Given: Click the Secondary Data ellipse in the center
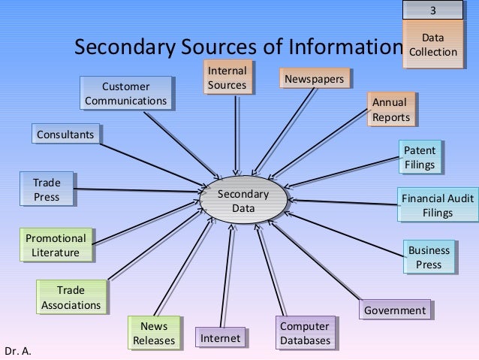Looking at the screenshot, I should (243, 201).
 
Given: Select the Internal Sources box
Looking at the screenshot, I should (227, 78).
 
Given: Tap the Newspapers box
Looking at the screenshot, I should (314, 78).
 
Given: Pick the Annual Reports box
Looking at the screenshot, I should (390, 110).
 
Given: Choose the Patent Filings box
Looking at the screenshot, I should (419, 157).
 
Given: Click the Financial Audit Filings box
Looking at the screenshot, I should (437, 205).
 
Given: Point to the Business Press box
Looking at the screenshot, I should (429, 257).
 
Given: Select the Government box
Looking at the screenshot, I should (394, 310).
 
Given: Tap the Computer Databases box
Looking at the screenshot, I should (305, 333).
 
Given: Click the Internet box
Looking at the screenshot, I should (220, 338).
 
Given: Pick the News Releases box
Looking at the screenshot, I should (153, 333).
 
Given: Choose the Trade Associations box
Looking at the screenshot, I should (71, 298).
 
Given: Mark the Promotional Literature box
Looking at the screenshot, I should (56, 245).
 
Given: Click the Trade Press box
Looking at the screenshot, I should (46, 189).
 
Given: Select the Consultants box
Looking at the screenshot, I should (66, 135).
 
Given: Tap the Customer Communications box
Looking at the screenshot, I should (125, 93).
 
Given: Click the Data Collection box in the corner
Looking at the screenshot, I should (432, 44).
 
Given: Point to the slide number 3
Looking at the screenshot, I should (432, 10).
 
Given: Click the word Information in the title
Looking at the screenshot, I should (346, 48).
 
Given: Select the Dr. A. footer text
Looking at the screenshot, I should (17, 351).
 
